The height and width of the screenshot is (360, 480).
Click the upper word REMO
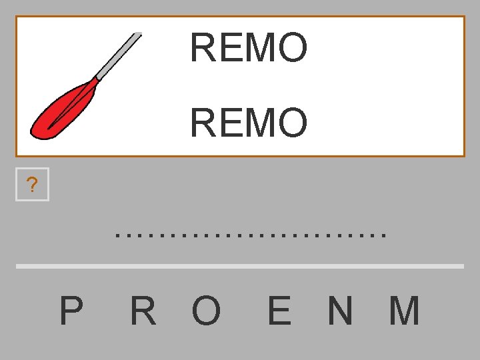(x=249, y=48)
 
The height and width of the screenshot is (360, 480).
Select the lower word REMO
(x=249, y=123)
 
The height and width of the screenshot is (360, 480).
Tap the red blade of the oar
(x=63, y=109)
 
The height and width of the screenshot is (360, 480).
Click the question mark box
(x=32, y=185)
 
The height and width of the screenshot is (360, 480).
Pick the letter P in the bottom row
(x=71, y=311)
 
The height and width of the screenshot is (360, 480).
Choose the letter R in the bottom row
(x=143, y=311)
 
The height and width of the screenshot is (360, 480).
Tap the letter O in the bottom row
(x=206, y=311)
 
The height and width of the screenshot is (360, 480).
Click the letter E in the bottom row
(x=279, y=311)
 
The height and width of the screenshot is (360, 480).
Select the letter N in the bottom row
(x=340, y=311)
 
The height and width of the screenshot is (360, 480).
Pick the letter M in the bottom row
(x=405, y=311)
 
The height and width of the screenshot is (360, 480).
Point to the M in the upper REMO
(x=264, y=48)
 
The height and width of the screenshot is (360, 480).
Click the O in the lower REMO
(x=294, y=123)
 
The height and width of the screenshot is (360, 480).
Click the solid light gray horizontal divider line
(x=239, y=266)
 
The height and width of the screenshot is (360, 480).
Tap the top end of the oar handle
(x=138, y=35)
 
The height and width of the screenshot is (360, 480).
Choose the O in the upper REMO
(x=294, y=48)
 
